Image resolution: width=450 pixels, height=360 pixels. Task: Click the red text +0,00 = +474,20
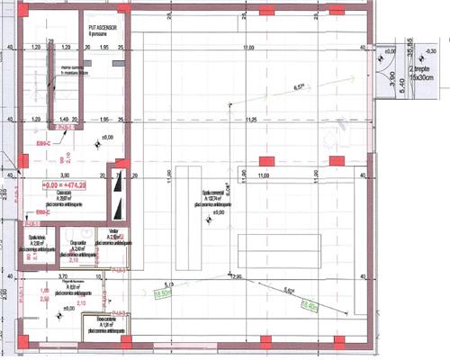64,185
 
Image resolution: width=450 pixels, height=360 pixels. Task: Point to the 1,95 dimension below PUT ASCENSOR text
104,48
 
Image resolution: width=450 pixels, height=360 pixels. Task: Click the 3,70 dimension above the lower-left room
38,278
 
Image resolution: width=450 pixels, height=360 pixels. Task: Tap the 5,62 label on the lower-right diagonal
290,290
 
